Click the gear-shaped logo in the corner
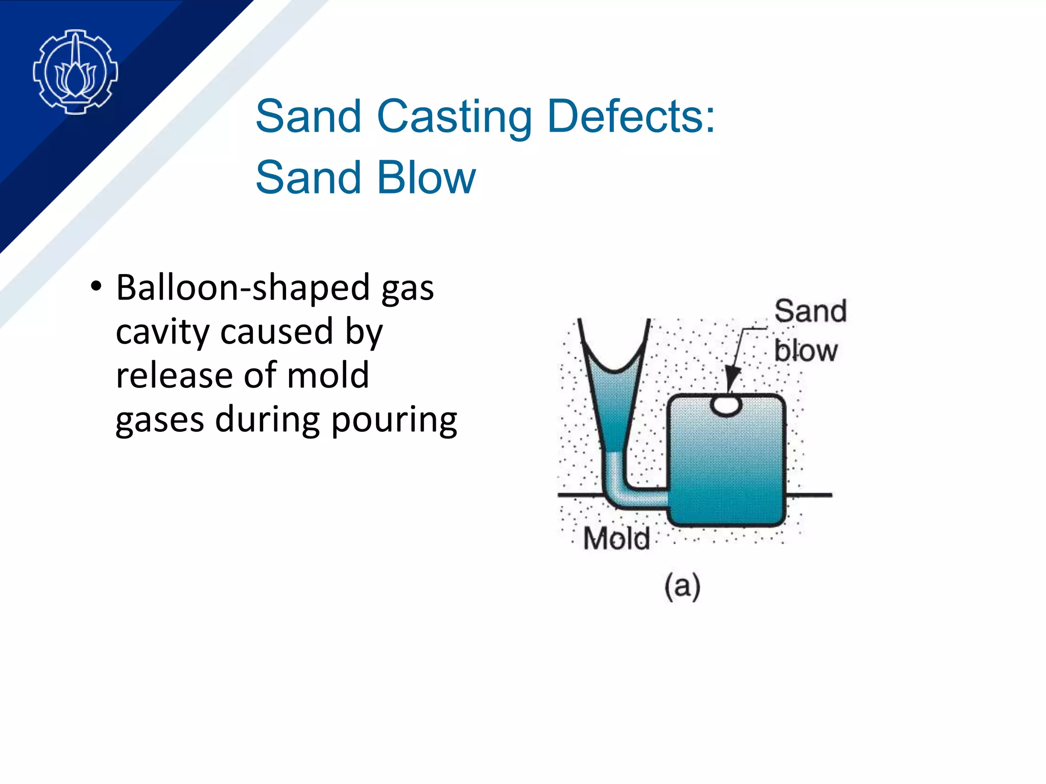coord(75,71)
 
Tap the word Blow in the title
coord(426,178)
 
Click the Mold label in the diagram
coord(616,538)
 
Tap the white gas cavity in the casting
coord(726,406)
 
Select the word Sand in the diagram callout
coord(810,311)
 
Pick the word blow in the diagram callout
coord(805,351)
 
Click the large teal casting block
coord(726,464)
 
